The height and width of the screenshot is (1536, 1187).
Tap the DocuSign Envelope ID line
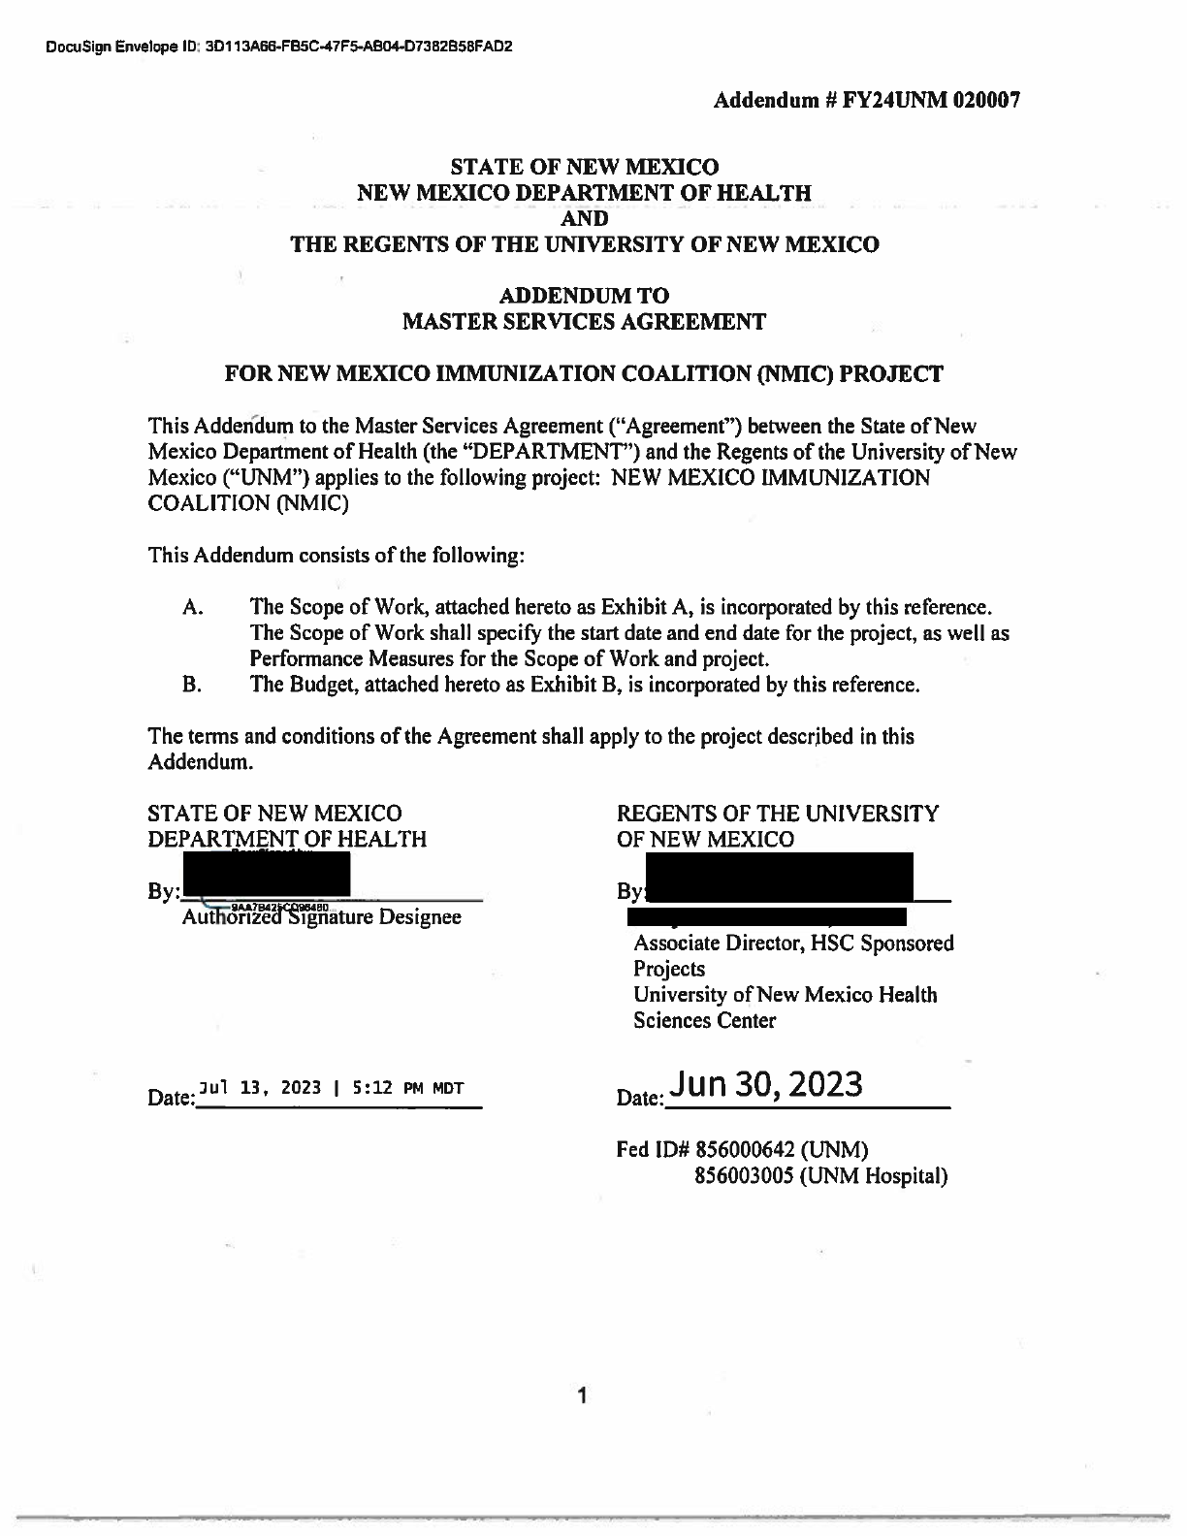point(277,47)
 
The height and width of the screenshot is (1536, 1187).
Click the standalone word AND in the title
point(585,218)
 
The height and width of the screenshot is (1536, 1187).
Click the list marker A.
point(191,608)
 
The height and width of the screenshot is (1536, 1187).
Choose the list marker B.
point(191,685)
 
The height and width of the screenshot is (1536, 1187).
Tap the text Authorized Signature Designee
point(321,916)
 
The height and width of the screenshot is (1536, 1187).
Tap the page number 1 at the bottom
point(583,1396)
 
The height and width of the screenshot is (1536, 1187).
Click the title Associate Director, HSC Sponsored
point(793,943)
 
